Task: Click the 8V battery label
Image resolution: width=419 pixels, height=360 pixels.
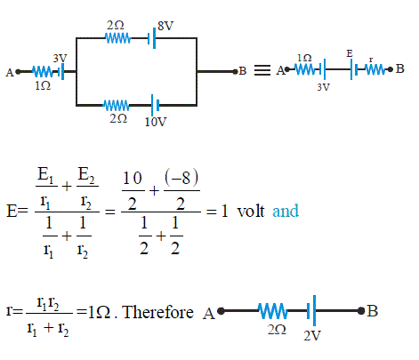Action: point(165,26)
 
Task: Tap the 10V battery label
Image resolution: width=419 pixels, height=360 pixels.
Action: point(156,122)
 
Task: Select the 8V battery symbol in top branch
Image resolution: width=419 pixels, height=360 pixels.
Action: point(152,38)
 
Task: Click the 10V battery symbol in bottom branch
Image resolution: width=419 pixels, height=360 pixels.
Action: point(155,105)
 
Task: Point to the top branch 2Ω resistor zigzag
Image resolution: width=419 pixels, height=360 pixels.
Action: point(118,38)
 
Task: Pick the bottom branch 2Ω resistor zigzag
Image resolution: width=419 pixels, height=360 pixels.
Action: point(117,105)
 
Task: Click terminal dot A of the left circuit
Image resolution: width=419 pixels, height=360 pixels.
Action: point(18,72)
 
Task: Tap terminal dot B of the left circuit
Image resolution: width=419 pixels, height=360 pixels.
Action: point(235,71)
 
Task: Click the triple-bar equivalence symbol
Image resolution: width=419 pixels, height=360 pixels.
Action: point(262,70)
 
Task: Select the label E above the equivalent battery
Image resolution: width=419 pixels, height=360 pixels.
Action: point(350,53)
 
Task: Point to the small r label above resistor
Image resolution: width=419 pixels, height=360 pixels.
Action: point(371,60)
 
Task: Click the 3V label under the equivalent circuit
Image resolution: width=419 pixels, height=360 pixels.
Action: point(324,87)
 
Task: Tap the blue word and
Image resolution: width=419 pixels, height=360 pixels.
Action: point(286,211)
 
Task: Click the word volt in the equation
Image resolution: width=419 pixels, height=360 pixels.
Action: point(251,211)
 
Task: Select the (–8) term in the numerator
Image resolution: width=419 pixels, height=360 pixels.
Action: point(181,178)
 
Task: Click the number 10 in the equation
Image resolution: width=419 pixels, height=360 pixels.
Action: point(133,178)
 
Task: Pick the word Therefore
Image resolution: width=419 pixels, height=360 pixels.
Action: point(158,312)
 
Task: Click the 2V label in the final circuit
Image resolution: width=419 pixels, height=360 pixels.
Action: point(312,336)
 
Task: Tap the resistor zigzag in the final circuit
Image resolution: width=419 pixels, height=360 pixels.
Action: point(272,311)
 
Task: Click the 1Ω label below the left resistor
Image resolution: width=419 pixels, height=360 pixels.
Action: point(43,85)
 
